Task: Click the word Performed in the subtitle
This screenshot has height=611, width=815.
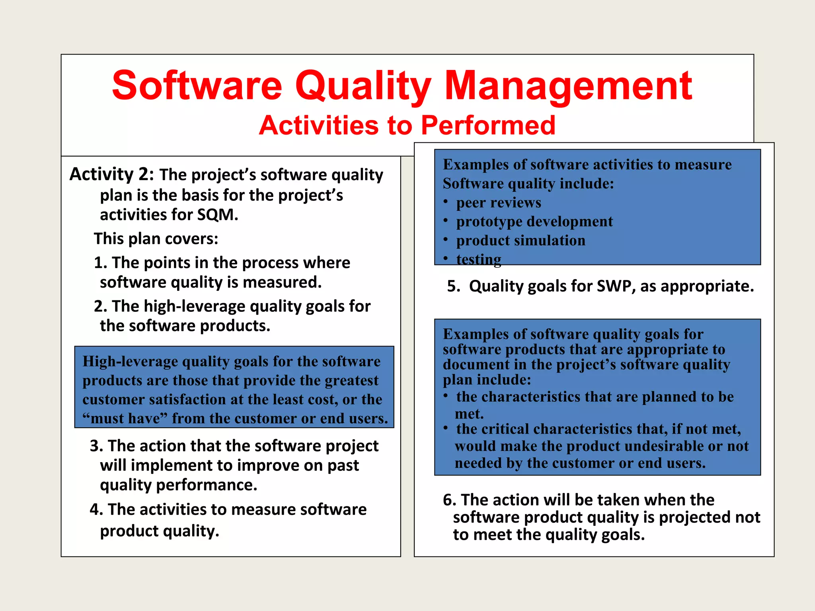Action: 488,126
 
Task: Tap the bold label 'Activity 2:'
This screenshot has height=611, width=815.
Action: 111,174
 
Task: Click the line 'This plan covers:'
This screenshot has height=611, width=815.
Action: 156,239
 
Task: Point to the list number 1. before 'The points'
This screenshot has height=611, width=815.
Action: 100,263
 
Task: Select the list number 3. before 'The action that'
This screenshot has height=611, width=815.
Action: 96,446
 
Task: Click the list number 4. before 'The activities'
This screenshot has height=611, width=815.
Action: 96,510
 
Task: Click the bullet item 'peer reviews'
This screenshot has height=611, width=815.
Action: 498,203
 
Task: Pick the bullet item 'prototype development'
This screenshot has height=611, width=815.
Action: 534,222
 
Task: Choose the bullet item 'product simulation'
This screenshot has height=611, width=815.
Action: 521,241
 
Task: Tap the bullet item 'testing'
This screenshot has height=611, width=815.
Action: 478,259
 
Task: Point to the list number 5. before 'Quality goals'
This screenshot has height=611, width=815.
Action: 453,286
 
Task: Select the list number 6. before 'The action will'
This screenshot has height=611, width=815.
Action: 449,500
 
